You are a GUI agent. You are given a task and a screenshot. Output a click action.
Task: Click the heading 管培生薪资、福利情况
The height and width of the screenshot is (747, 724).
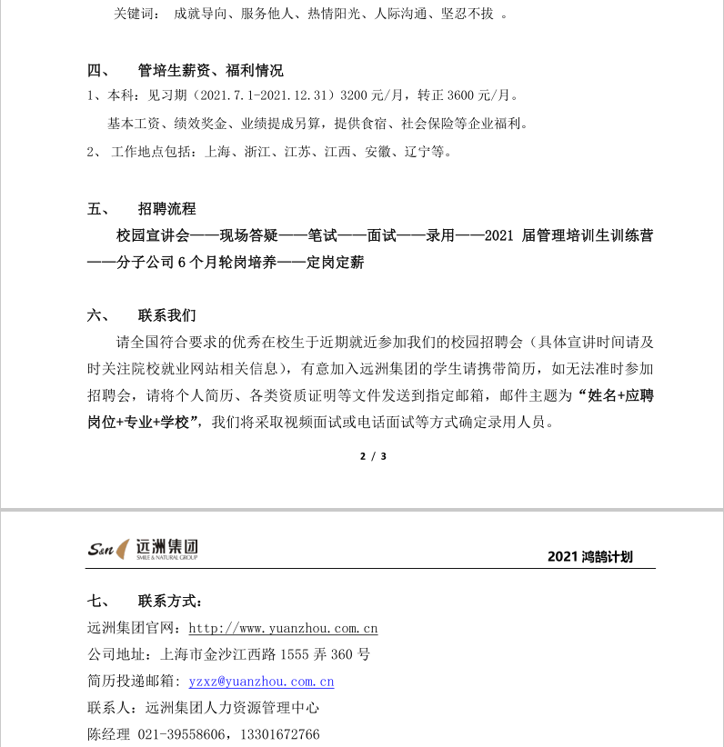pyautogui.click(x=210, y=71)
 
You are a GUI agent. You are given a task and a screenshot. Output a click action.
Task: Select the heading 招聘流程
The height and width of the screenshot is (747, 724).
pyautogui.click(x=166, y=209)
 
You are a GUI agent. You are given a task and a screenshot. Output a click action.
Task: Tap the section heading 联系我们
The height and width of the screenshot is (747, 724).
pyautogui.click(x=166, y=316)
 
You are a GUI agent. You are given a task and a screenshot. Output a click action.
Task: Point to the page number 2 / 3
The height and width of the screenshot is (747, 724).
pyautogui.click(x=374, y=456)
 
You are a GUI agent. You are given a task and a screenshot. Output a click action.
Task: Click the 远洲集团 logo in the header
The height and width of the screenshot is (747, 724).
pyautogui.click(x=143, y=549)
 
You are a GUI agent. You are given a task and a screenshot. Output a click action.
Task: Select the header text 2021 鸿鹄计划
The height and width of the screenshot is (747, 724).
pyautogui.click(x=590, y=557)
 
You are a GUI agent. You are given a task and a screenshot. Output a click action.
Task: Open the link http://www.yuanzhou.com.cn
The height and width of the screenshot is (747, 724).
pyautogui.click(x=283, y=628)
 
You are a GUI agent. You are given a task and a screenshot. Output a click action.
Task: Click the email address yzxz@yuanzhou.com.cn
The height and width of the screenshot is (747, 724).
pyautogui.click(x=261, y=681)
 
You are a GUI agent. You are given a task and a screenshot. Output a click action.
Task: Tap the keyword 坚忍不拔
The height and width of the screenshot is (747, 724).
pyautogui.click(x=468, y=15)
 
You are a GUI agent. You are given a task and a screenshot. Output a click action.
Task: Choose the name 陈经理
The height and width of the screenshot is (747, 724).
pyautogui.click(x=108, y=733)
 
